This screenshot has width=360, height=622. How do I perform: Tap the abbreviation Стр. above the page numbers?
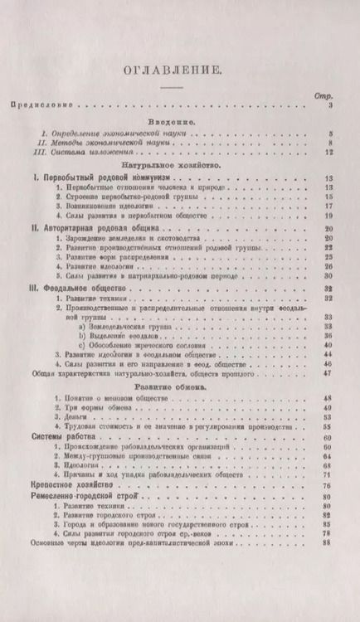coord(324,96)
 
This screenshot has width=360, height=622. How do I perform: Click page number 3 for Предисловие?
coord(329,106)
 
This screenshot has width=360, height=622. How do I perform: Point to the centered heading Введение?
coord(175,122)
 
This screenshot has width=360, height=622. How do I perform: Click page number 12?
coord(328,153)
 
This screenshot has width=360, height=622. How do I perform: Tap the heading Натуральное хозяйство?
coord(175,166)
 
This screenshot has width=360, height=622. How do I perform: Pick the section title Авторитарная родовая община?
coord(87,226)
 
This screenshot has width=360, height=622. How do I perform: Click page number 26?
coord(328,267)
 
